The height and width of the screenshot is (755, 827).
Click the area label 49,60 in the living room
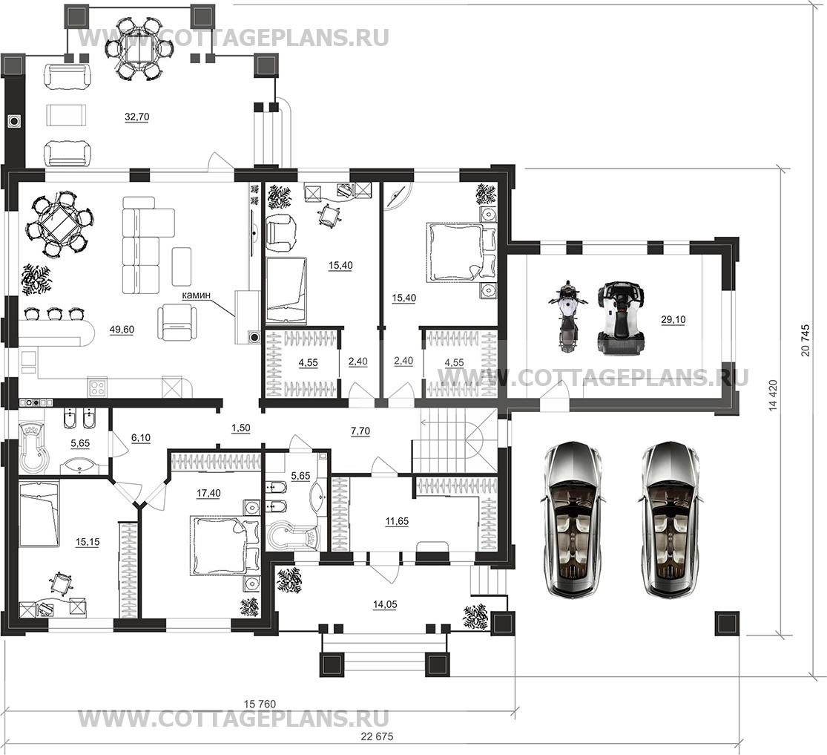tap(122, 330)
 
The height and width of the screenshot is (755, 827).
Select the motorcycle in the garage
tap(567, 317)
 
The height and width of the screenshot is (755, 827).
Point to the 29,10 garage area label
tap(673, 319)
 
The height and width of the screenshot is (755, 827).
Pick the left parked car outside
tap(573, 520)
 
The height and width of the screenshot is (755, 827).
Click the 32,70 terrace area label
tap(136, 117)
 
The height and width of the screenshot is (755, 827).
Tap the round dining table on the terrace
tap(139, 48)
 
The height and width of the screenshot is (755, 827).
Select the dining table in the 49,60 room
tap(58, 223)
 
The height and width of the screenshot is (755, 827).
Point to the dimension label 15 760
tap(260, 704)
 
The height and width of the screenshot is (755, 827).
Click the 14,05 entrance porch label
tap(384, 604)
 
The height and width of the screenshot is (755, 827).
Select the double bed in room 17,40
tap(224, 545)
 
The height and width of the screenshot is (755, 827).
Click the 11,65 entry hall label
tap(396, 522)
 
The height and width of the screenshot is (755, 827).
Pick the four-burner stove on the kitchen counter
tap(98, 388)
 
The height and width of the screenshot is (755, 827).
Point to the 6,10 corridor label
tap(139, 438)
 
